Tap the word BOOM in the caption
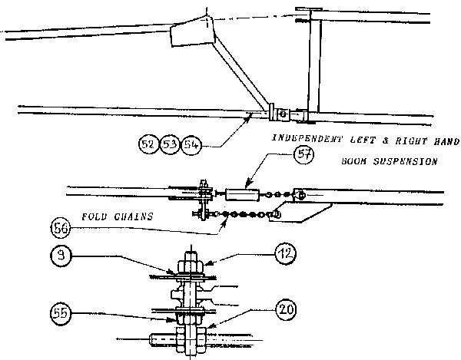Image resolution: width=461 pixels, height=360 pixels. coord(355,163)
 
